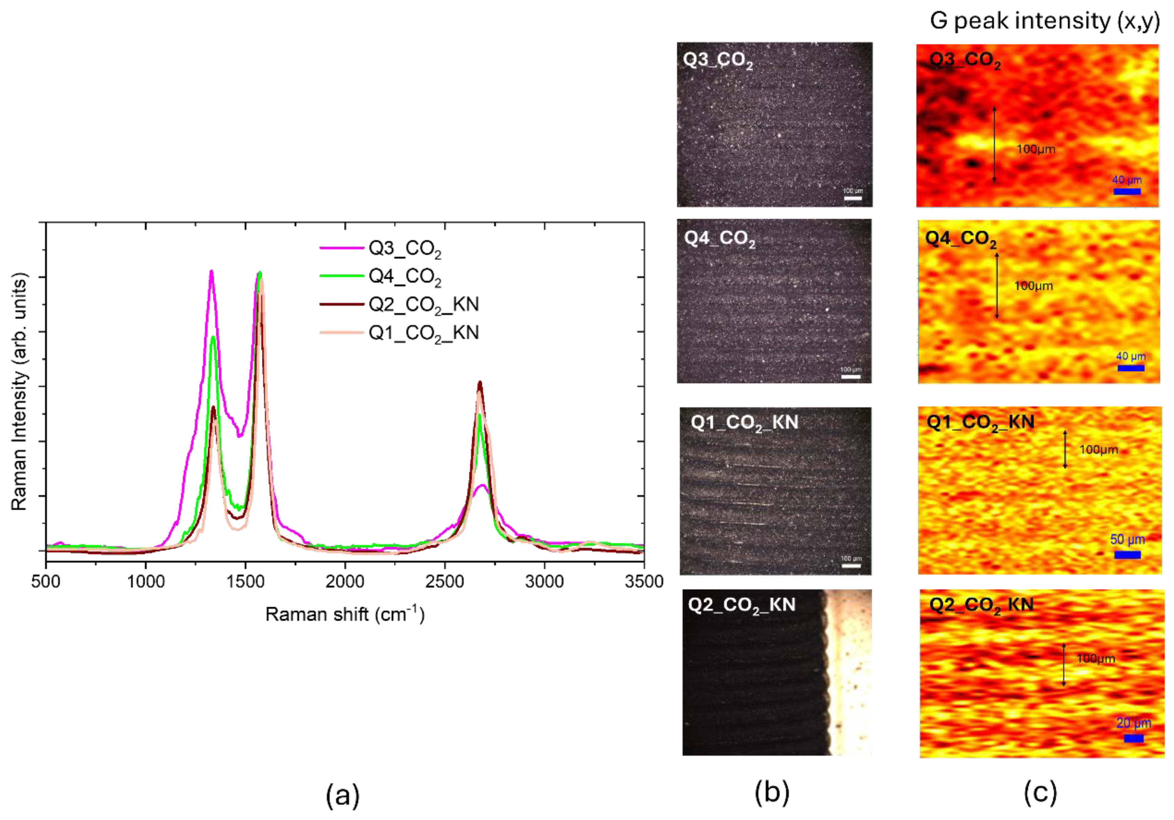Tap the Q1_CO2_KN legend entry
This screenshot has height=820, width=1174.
tap(423, 333)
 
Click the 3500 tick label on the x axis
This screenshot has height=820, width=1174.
tap(644, 582)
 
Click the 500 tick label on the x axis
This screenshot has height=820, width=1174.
tap(46, 582)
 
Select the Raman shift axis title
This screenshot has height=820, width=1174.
tap(345, 614)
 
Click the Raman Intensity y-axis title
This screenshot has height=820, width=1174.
tap(19, 392)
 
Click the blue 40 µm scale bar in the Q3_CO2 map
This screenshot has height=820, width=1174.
tap(1127, 192)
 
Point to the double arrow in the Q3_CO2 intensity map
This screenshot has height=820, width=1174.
tap(995, 145)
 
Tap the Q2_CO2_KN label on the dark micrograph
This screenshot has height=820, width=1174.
tap(741, 605)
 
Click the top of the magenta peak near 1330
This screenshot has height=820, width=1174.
tap(211, 271)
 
